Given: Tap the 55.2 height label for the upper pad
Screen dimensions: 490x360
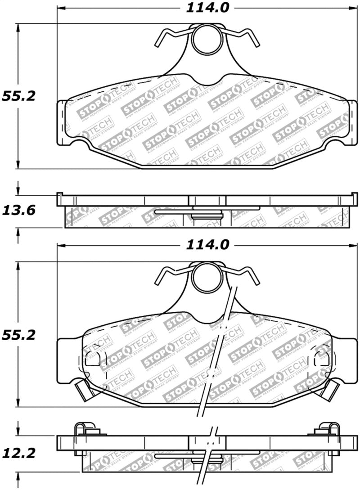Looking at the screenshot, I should pyautogui.click(x=18, y=96).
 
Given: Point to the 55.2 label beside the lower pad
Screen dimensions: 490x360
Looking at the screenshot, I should pyautogui.click(x=18, y=335).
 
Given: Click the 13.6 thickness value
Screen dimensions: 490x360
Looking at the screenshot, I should pyautogui.click(x=18, y=210).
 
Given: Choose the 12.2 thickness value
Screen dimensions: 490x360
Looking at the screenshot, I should pyautogui.click(x=18, y=452).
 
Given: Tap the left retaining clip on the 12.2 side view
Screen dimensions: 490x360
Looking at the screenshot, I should pyautogui.click(x=83, y=430).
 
